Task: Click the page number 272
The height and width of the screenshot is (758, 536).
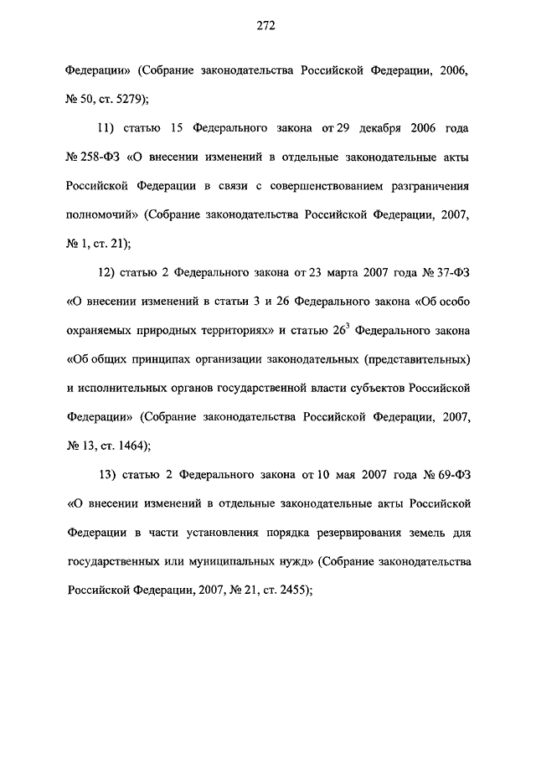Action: [x=267, y=26]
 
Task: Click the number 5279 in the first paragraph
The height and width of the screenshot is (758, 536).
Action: [x=128, y=100]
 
